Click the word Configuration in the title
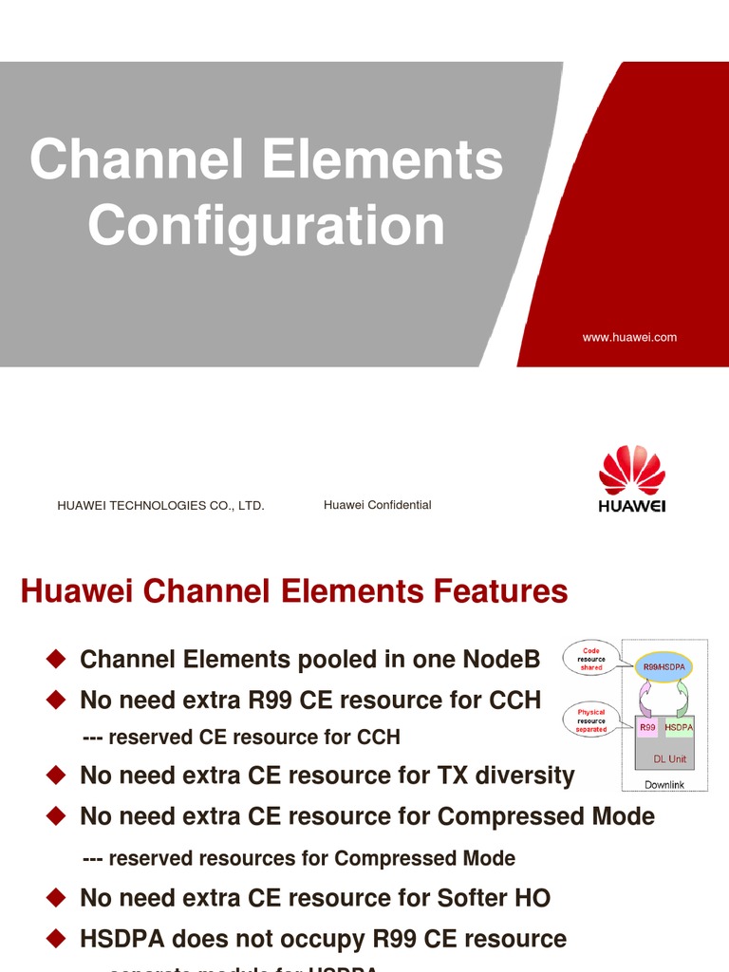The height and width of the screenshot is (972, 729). point(267,227)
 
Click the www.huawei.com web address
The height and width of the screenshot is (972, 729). point(629,337)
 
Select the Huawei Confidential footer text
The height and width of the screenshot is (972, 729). point(377,505)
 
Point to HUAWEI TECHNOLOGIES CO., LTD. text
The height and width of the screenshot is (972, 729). point(160,506)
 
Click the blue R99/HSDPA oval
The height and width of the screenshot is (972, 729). point(664,667)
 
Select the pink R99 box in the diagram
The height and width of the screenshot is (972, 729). point(647,727)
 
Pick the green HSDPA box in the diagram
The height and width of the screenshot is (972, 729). point(679,727)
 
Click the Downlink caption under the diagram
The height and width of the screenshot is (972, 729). point(664,785)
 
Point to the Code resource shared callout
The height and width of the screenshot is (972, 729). point(591,659)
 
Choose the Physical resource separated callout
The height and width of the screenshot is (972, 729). point(590,720)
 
